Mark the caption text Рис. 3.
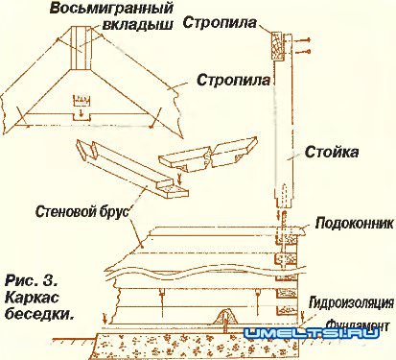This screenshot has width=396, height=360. point(32,281)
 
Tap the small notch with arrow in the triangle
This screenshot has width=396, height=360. point(82,101)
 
